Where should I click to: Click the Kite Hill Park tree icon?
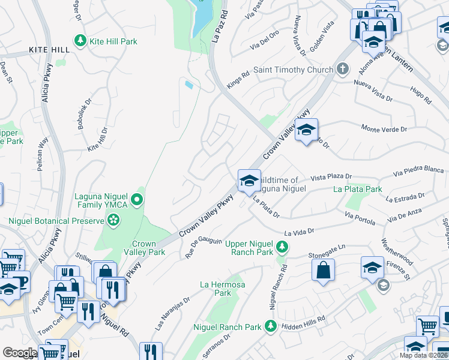pos(79,41)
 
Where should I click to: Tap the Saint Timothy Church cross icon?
pos(343,70)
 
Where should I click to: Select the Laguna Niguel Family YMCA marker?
pos(137,200)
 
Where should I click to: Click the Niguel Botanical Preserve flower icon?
pos(113,221)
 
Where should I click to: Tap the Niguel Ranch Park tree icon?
pos(270,326)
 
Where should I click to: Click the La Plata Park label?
pos(358,189)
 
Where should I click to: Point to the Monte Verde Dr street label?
pos(384,128)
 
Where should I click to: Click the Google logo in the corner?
pos(20,353)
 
